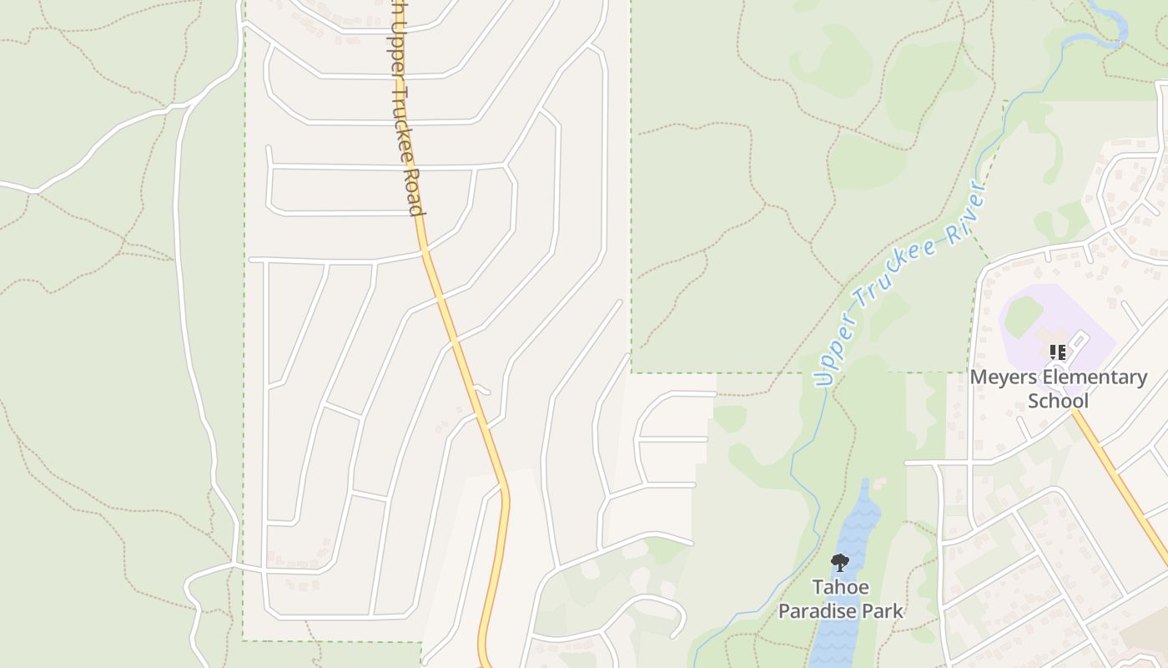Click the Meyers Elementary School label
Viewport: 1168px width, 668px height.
pos(1058,389)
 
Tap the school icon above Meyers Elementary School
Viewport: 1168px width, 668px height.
pos(1058,352)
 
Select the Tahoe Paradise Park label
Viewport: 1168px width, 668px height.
pos(840,600)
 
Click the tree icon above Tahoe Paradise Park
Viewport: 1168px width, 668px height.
pos(840,563)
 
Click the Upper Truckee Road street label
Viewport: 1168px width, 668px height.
pos(404,109)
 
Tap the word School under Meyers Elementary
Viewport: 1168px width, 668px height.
pos(1058,401)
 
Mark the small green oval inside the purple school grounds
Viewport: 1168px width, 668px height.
pos(1023,316)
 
